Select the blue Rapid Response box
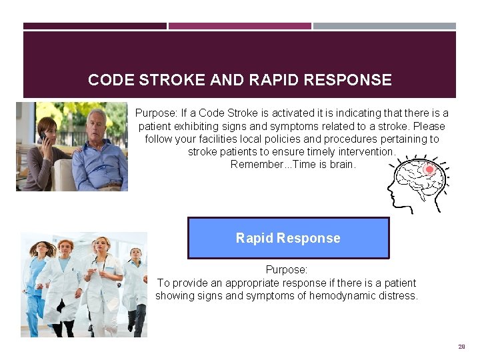coord(288,238)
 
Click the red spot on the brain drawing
coord(429,170)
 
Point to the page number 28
coord(461,347)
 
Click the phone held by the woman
coord(43,137)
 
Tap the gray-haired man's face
coord(97,125)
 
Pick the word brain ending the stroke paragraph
coord(343,164)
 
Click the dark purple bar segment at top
coord(95,26)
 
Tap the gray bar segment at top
coord(385,26)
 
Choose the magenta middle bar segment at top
coord(239,26)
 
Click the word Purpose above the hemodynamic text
coord(286,270)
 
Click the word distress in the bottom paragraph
coord(398,295)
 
